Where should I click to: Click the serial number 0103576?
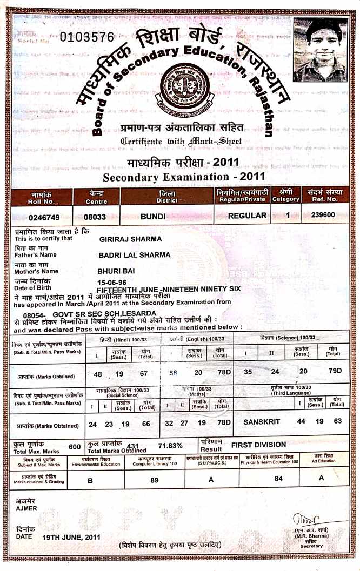88,37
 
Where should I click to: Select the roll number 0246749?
35,218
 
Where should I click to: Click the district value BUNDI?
152,216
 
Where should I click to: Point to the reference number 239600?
323,214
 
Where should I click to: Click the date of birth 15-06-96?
112,282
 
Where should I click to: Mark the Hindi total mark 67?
143,374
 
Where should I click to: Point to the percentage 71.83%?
170,446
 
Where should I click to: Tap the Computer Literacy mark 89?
154,480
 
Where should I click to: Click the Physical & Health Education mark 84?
278,478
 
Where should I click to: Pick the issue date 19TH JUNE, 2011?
71,537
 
